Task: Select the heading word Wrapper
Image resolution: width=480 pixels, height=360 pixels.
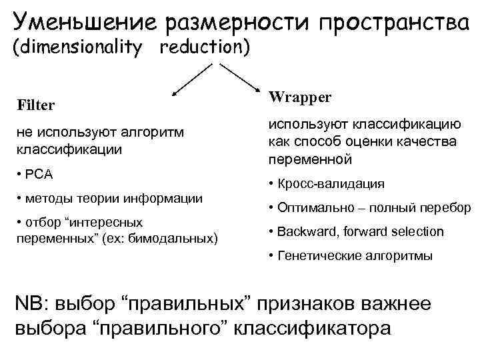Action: tap(300, 97)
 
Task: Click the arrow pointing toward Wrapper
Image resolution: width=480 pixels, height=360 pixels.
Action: tap(241, 79)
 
